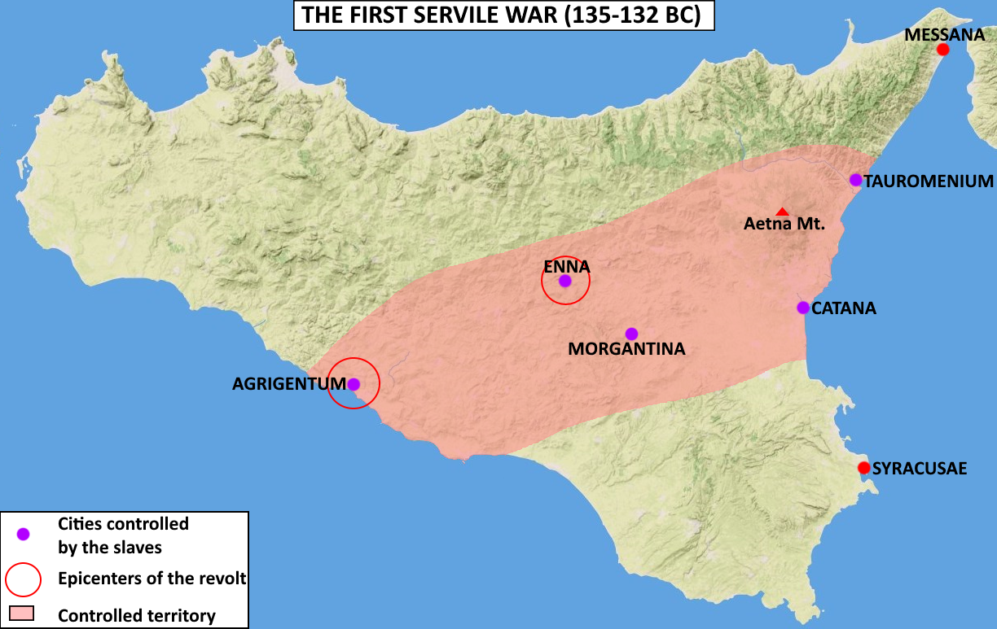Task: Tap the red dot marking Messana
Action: (x=942, y=50)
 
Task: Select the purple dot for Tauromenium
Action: (x=855, y=180)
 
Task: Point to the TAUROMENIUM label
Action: (x=929, y=181)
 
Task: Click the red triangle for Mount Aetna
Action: (x=782, y=212)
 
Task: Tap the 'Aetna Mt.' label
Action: (x=784, y=225)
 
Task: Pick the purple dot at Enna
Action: (x=564, y=281)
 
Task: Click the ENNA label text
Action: (x=567, y=265)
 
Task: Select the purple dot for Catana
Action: (x=803, y=308)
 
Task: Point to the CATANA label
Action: (x=844, y=308)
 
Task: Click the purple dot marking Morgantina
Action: (x=631, y=334)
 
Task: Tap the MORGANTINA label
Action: (x=626, y=349)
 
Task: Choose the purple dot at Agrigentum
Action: (x=354, y=384)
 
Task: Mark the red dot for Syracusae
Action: (x=864, y=468)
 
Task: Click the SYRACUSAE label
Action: (x=920, y=469)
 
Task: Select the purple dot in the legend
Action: (x=23, y=534)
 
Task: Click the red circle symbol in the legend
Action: (x=23, y=579)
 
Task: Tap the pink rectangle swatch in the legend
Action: (x=21, y=612)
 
